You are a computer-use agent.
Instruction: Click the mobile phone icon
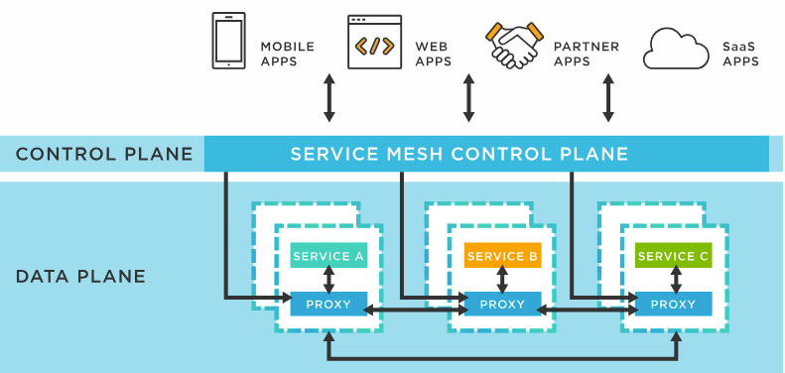pyautogui.click(x=228, y=41)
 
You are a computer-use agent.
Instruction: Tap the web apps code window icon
pyautogui.click(x=374, y=43)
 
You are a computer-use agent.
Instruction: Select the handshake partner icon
pyautogui.click(x=513, y=42)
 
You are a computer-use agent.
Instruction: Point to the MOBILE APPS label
pyautogui.click(x=287, y=54)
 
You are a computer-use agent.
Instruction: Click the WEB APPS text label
pyautogui.click(x=433, y=54)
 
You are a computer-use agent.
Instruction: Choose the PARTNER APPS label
pyautogui.click(x=586, y=54)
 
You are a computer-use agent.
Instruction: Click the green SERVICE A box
pyautogui.click(x=328, y=256)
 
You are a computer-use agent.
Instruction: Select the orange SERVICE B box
pyautogui.click(x=503, y=256)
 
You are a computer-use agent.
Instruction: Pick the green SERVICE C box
pyautogui.click(x=674, y=256)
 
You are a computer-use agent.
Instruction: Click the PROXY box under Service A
pyautogui.click(x=328, y=304)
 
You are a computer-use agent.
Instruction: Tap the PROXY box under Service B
pyautogui.click(x=503, y=304)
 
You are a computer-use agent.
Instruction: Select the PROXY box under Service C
pyautogui.click(x=674, y=304)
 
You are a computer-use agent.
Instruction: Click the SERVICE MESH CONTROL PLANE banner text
pyautogui.click(x=458, y=154)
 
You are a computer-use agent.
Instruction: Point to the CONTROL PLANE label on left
pyautogui.click(x=104, y=154)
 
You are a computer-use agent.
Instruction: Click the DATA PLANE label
pyautogui.click(x=80, y=276)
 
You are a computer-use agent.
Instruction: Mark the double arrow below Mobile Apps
pyautogui.click(x=329, y=97)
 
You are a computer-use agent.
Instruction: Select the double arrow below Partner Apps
pyautogui.click(x=608, y=97)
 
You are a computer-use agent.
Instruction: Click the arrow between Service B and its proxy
pyautogui.click(x=503, y=280)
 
